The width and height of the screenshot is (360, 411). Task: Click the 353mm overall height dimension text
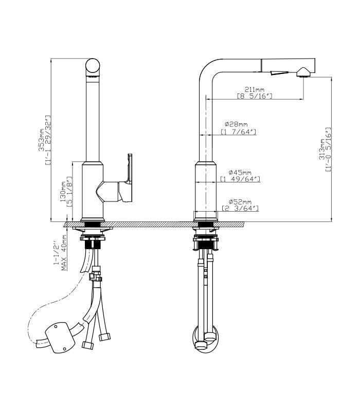[x=42, y=140]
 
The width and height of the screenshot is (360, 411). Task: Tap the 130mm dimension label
[x=63, y=192]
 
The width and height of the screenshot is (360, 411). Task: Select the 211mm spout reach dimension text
[x=255, y=89]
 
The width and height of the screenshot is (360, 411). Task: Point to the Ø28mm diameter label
[x=236, y=124]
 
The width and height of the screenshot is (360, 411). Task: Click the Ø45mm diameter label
[x=240, y=173]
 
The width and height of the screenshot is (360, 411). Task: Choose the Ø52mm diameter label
[x=240, y=202]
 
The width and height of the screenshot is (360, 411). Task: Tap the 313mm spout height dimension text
[x=321, y=150]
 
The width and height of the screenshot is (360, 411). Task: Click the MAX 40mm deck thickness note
[x=64, y=253]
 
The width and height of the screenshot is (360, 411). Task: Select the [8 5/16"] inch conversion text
[x=255, y=96]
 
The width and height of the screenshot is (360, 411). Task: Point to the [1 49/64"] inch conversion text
[x=240, y=179]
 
